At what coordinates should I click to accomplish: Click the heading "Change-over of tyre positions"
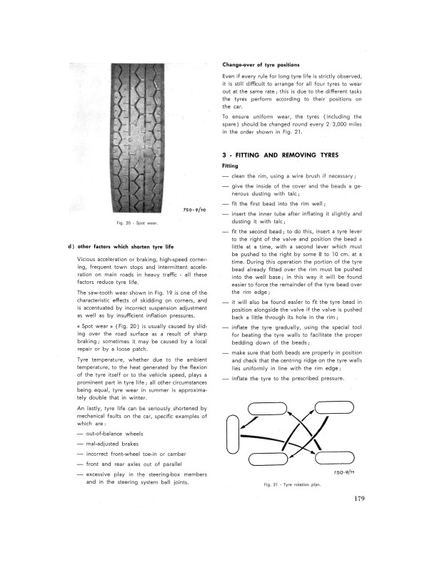[x=263, y=65]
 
